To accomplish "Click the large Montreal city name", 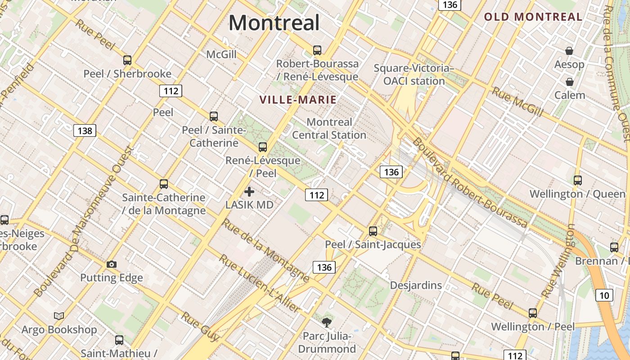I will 274,22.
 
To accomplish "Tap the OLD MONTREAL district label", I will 533,17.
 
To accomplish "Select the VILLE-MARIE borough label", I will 298,100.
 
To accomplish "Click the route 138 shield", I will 85,131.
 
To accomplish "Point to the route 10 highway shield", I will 604,295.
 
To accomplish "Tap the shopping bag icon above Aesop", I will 569,51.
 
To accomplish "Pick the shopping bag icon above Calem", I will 569,82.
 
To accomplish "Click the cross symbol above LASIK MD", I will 249,192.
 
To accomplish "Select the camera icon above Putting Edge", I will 112,264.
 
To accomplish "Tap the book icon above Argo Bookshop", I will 59,316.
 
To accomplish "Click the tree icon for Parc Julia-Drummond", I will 326,322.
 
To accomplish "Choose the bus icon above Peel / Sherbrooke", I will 127,60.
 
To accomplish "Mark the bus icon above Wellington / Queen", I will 577,180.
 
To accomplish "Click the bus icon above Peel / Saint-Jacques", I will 373,231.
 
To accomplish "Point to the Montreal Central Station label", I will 329,129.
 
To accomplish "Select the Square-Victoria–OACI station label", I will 414,75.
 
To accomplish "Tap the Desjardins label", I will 416,285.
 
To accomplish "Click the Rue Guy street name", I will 201,326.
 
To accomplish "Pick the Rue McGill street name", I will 517,102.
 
